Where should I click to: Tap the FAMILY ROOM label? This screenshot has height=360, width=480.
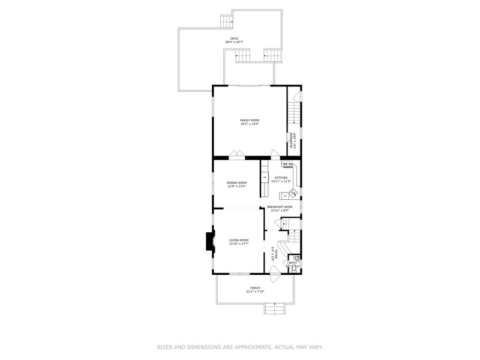tap(250, 121)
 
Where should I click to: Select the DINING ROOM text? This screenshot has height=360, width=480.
tap(236, 182)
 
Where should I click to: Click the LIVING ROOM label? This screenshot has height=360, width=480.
tap(238, 240)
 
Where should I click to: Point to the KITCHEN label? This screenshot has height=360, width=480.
tap(281, 178)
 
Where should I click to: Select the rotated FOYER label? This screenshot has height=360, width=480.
tap(273, 253)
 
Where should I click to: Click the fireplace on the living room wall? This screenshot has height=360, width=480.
tap(209, 242)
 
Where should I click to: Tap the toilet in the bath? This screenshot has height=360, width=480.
tap(295, 258)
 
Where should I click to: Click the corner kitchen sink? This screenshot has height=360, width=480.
tap(293, 193)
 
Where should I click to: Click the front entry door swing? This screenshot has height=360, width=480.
tap(274, 277)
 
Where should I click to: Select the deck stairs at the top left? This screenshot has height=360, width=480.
tap(226, 22)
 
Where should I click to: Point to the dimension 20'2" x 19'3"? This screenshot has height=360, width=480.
tap(250, 124)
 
